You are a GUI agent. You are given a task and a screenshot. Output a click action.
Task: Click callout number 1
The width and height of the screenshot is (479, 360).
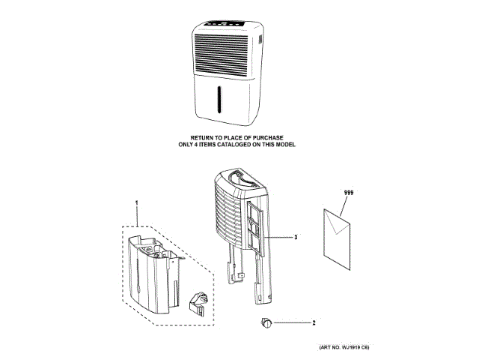[x=137, y=203]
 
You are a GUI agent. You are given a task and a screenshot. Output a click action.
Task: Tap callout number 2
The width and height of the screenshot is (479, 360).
[x=314, y=323]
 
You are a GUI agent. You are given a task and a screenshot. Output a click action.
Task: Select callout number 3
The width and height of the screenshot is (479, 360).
[x=296, y=237]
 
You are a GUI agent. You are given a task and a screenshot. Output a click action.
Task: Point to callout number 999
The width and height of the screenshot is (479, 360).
[x=348, y=193]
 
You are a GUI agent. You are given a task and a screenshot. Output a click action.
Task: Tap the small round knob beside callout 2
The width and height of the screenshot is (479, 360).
[x=266, y=323]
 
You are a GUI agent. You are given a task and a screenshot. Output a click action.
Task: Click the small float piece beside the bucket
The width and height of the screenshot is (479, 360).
[x=201, y=304]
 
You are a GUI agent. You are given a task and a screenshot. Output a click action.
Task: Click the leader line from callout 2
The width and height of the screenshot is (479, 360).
[x=293, y=323]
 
